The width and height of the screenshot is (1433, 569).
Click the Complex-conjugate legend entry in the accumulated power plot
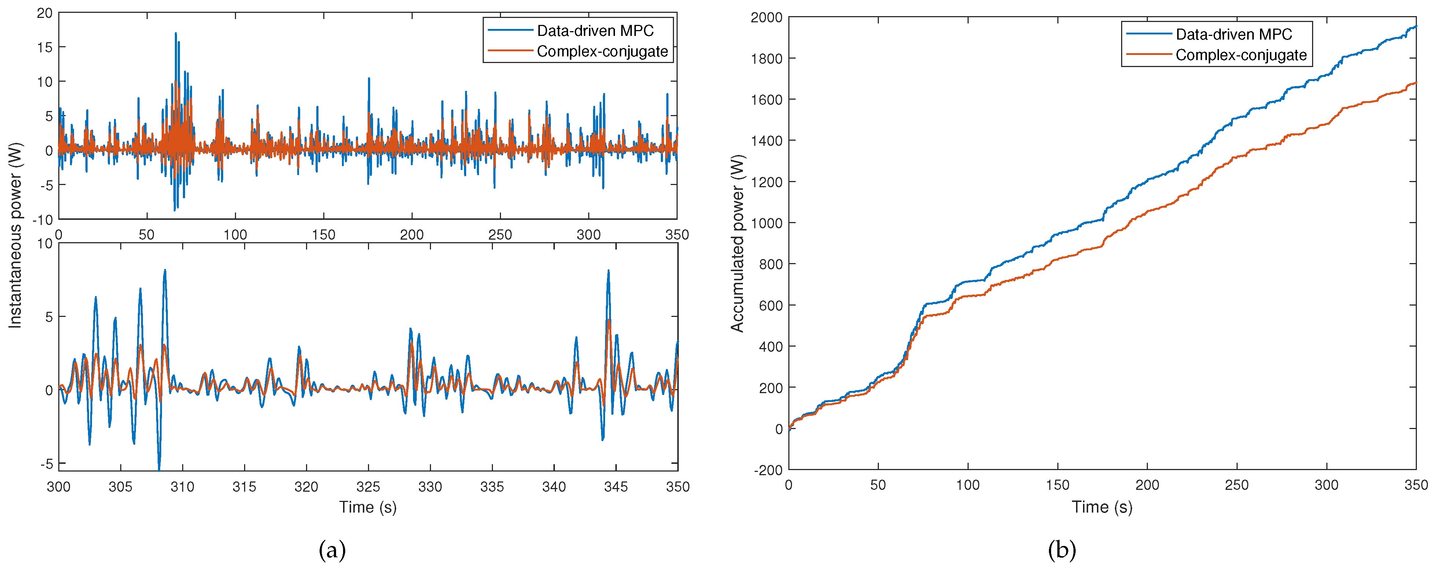(x=1241, y=55)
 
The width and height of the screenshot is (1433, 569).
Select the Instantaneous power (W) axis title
(x=15, y=235)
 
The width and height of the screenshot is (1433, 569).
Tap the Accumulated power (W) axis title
(x=737, y=243)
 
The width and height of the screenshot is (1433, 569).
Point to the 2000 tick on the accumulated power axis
(x=767, y=17)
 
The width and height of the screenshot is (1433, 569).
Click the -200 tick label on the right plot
(x=768, y=470)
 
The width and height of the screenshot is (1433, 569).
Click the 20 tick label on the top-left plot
(x=44, y=13)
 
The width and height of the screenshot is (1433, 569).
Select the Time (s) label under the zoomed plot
(x=368, y=507)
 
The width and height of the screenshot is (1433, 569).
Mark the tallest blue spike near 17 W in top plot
(x=176, y=33)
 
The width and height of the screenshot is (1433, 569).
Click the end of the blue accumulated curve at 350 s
(x=1415, y=26)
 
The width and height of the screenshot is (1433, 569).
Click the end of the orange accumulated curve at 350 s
(x=1415, y=83)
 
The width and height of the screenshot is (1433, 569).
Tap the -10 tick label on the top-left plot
(x=43, y=220)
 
